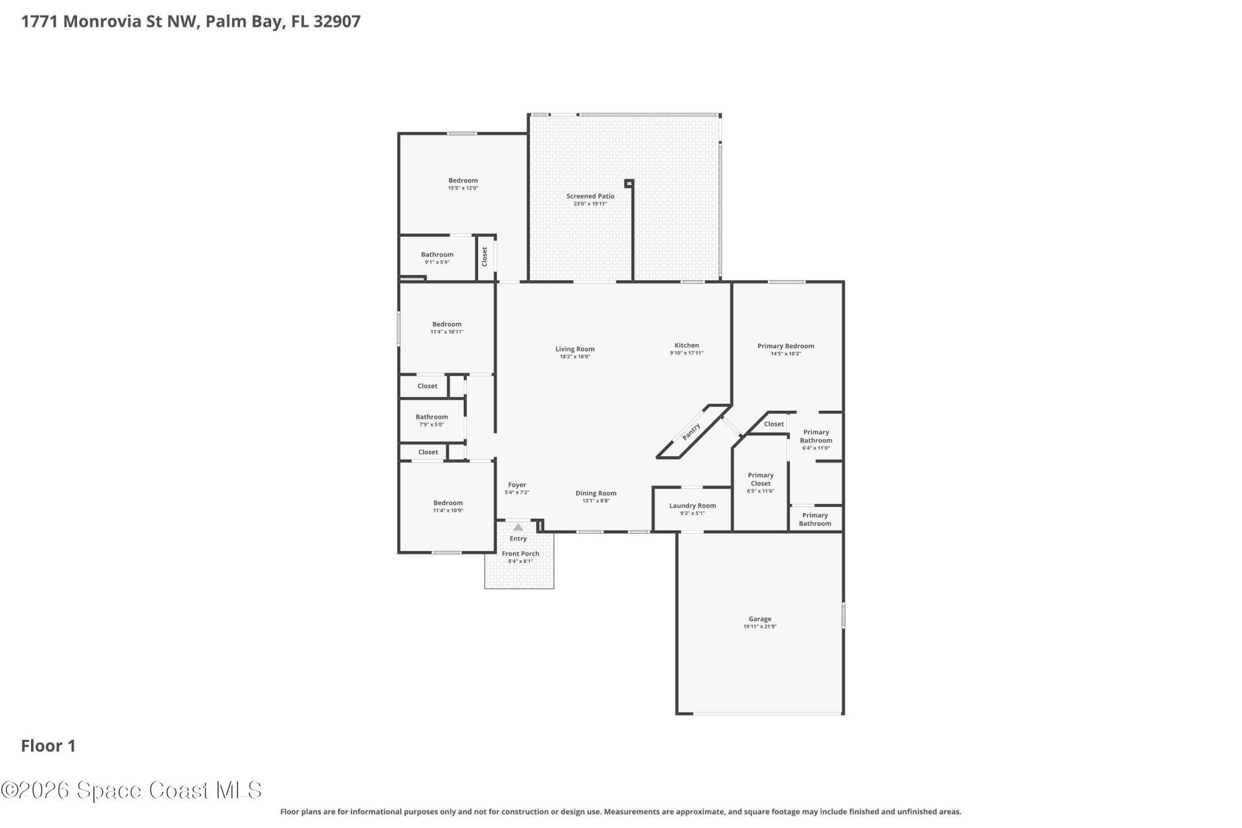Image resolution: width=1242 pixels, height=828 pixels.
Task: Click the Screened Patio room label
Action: (x=590, y=196)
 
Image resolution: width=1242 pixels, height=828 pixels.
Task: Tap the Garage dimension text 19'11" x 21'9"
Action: (x=759, y=627)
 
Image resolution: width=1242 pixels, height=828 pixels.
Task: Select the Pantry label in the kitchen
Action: (x=691, y=432)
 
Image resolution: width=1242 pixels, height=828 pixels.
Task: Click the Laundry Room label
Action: (x=692, y=506)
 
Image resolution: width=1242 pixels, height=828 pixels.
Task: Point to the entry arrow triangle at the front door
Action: (x=518, y=527)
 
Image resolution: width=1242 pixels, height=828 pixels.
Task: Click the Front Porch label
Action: (x=520, y=554)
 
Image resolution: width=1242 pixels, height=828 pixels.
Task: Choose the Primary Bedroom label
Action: (x=785, y=346)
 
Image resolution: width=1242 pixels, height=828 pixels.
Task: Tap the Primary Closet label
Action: (x=760, y=479)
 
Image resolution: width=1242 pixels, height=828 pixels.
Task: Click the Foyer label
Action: (x=517, y=485)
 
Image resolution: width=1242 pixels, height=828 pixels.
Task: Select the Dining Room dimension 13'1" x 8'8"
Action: (x=595, y=501)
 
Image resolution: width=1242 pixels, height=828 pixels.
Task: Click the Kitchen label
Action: (x=686, y=345)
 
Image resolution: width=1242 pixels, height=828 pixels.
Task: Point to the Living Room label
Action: (x=574, y=349)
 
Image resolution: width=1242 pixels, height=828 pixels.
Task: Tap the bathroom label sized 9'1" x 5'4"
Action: (x=437, y=255)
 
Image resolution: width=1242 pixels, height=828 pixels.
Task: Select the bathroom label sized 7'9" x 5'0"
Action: (x=431, y=417)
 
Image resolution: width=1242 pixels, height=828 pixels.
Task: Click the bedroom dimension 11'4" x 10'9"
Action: (x=448, y=510)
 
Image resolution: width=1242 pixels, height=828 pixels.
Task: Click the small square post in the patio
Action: (x=629, y=183)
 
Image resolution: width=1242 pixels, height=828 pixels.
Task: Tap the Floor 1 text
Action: (x=49, y=746)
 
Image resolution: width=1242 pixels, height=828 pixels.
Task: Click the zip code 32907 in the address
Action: (x=337, y=21)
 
